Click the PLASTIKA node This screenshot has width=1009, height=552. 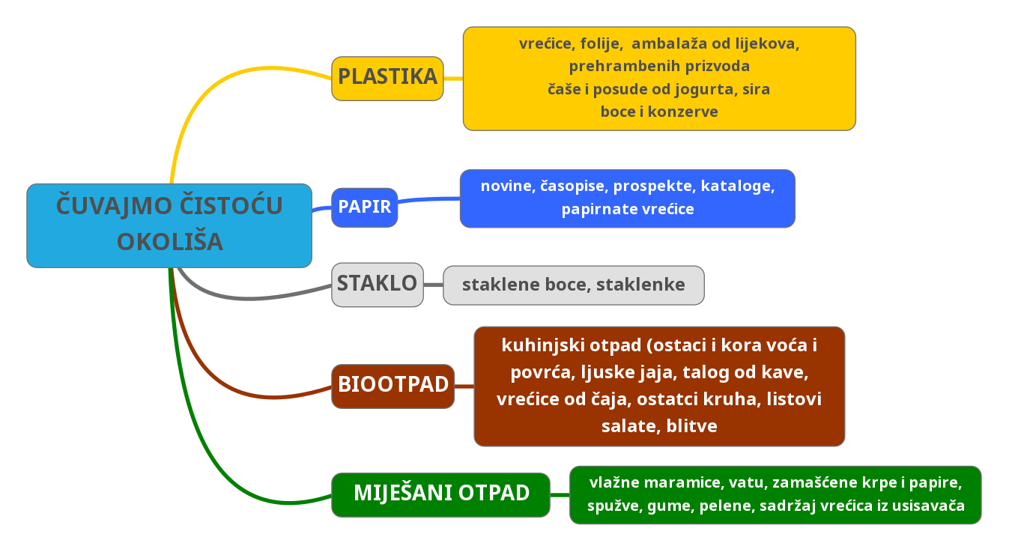pos(387,79)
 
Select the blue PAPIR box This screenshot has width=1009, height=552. pos(364,207)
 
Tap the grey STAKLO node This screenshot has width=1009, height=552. pos(378,285)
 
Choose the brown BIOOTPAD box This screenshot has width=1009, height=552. pos(393,386)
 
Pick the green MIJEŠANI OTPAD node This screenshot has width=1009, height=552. pos(440,495)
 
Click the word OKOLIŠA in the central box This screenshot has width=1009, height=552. pos(170,242)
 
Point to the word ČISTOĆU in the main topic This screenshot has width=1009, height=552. pos(231,205)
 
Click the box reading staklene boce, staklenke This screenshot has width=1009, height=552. pos(574,285)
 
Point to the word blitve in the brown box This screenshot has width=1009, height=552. pos(692,426)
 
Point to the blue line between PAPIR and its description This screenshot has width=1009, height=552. pos(428,199)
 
